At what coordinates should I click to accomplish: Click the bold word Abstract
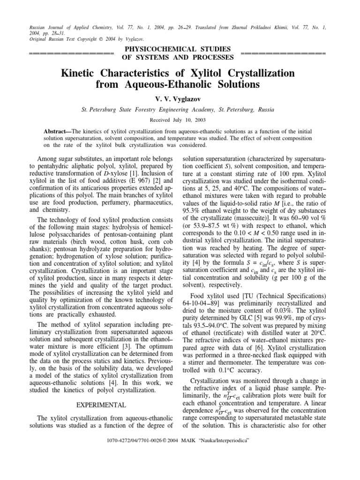point(55,131)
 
